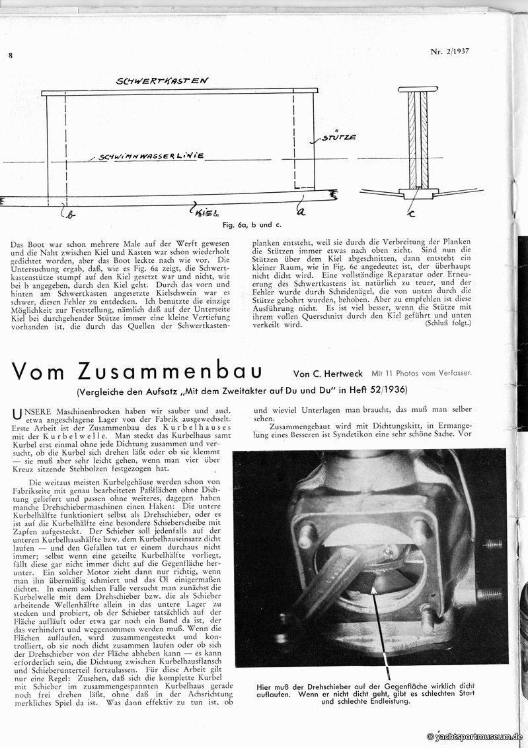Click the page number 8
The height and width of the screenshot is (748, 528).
click(11, 55)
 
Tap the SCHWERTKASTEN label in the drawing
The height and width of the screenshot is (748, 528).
click(163, 81)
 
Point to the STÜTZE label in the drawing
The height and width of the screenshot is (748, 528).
click(340, 137)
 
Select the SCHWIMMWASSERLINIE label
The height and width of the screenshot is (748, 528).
click(151, 158)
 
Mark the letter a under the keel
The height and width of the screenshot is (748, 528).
click(302, 210)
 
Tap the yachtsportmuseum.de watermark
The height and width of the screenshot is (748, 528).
click(476, 737)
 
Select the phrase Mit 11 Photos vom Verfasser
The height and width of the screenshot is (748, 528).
click(423, 374)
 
